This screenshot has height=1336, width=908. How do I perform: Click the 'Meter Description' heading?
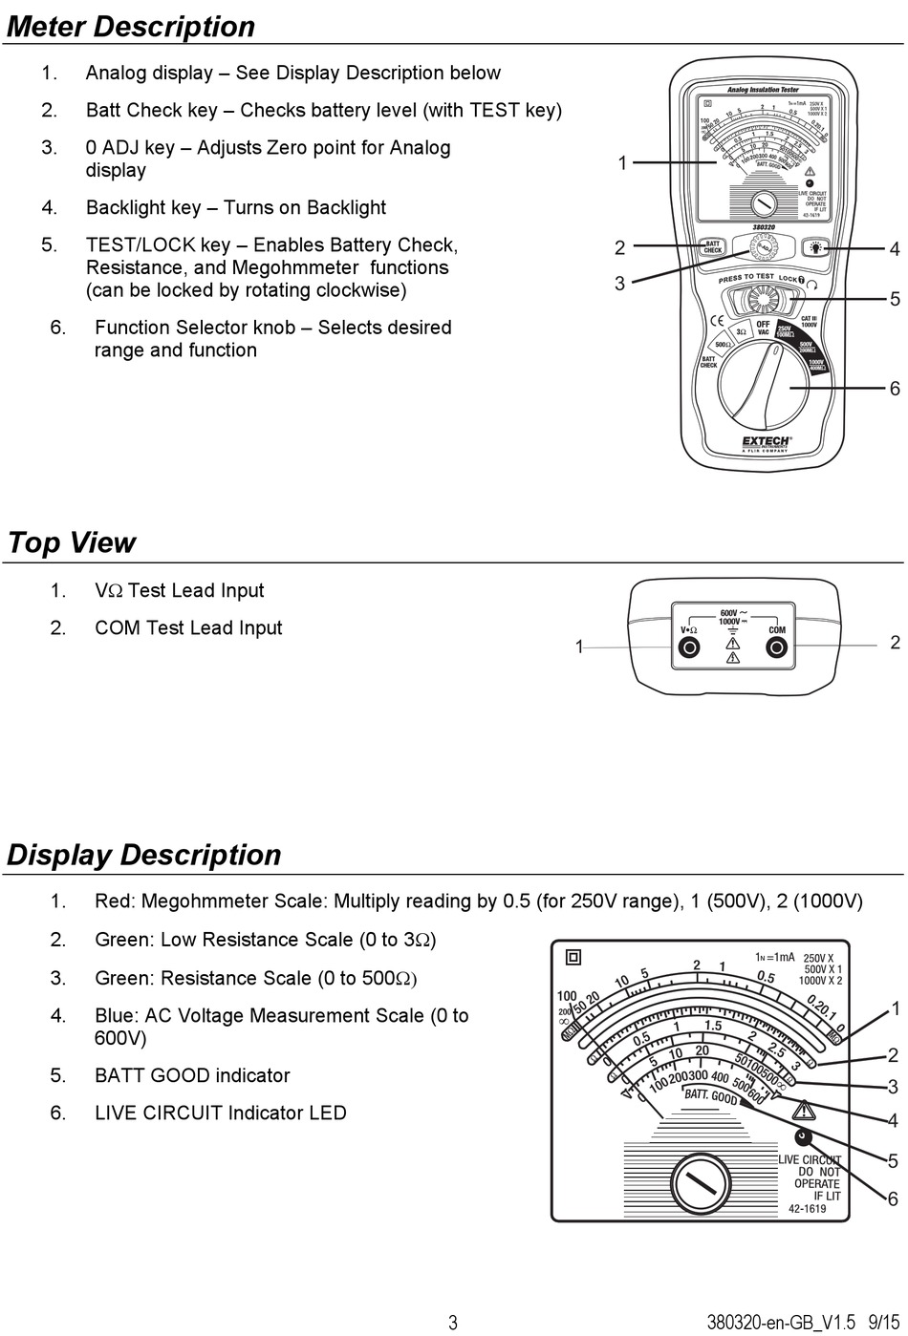pos(131,27)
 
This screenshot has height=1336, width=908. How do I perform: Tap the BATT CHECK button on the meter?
pos(712,246)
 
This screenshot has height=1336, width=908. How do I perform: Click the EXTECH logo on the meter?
pos(766,442)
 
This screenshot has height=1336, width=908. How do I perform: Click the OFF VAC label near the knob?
pos(763,328)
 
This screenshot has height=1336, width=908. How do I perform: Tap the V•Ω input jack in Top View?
pos(688,648)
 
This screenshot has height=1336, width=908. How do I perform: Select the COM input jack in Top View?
pos(777,648)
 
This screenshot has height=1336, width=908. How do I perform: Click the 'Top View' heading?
pos(72,542)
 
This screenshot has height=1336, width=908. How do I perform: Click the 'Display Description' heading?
pos(144,855)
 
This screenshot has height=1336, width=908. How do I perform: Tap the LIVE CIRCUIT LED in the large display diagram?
pos(803,1136)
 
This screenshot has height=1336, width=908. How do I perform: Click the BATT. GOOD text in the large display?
pos(710,1096)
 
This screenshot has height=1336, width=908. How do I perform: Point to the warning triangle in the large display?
pos(803,1110)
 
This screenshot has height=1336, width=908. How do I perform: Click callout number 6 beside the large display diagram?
pos(893,1198)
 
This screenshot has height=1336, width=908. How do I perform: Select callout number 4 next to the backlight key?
pos(894,249)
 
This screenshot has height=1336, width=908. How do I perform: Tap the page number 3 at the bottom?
pos(453,1323)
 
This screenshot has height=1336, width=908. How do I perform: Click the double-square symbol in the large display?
pos(573,957)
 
